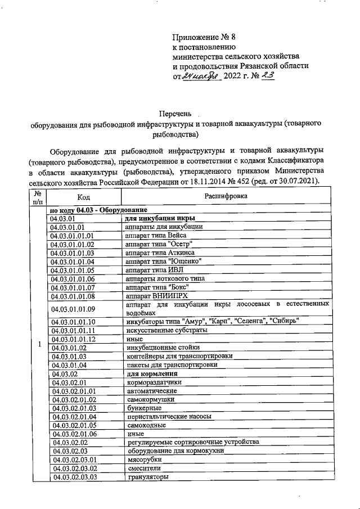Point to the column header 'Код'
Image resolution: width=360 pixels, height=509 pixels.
[84, 197]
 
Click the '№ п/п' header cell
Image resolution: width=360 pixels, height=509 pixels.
[38, 197]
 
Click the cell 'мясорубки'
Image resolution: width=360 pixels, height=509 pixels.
[141, 460]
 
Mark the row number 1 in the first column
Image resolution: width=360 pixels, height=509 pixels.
[38, 344]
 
